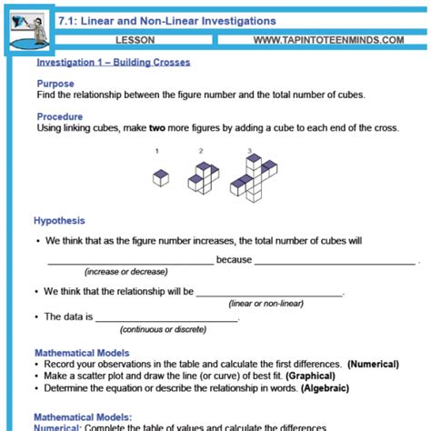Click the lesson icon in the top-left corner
point(28,28)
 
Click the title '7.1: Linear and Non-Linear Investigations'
point(166,20)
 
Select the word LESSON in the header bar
point(136,41)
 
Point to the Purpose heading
point(55,83)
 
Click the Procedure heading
point(60,116)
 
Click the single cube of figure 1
point(161,177)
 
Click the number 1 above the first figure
point(158,151)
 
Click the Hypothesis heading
point(59,221)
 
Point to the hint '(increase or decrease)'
point(125,272)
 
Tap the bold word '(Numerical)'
point(374,364)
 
